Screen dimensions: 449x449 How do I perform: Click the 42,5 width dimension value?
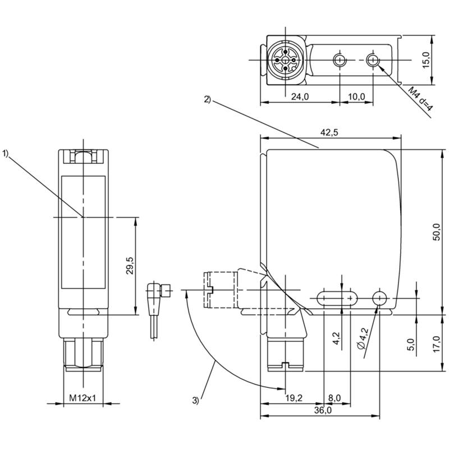click(x=329, y=132)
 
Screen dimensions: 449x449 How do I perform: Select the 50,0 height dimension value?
click(x=437, y=231)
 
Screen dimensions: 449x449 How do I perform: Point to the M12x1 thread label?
click(x=83, y=398)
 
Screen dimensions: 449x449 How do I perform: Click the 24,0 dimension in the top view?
click(x=300, y=97)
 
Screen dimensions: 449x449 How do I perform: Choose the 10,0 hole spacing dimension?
click(x=356, y=97)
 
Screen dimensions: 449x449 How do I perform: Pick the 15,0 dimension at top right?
click(x=427, y=60)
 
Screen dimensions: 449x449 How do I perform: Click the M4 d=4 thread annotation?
click(x=420, y=99)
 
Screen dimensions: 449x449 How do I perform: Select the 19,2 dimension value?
click(x=294, y=398)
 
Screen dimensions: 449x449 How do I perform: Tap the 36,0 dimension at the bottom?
click(x=323, y=410)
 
